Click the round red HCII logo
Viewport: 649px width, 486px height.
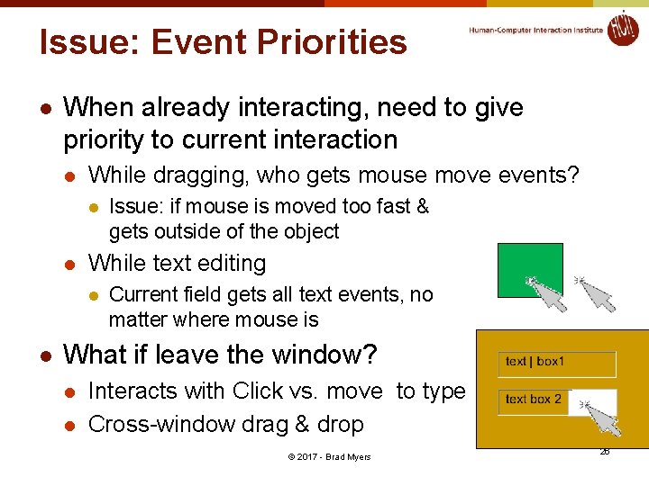point(622,28)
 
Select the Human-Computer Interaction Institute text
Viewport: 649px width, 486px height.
point(535,30)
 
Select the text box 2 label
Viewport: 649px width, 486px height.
point(534,399)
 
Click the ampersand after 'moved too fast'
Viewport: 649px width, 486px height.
point(422,206)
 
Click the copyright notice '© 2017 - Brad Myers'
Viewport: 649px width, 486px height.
point(329,456)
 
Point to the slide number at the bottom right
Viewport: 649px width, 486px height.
point(604,450)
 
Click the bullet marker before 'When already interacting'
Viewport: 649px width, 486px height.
point(45,108)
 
